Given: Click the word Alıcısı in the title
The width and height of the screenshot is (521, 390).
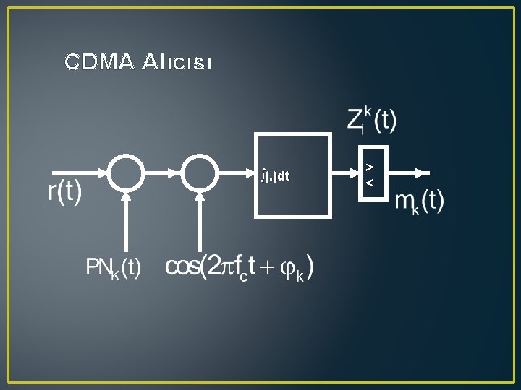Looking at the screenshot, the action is [x=177, y=63].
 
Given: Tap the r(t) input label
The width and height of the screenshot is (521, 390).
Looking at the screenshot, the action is [x=64, y=193].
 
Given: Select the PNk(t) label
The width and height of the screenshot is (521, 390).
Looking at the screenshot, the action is [x=114, y=268].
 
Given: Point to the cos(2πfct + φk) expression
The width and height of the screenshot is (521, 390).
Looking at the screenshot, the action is [x=240, y=268].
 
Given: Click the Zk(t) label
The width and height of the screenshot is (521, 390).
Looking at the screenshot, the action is [x=371, y=120].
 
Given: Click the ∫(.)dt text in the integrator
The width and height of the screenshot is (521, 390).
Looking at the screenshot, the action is [x=276, y=175].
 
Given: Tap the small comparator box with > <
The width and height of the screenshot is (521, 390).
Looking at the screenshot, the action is [x=370, y=174].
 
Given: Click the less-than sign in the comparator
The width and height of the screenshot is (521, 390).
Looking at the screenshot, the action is [x=370, y=183].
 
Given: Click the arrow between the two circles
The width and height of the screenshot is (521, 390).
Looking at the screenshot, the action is [x=164, y=173].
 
